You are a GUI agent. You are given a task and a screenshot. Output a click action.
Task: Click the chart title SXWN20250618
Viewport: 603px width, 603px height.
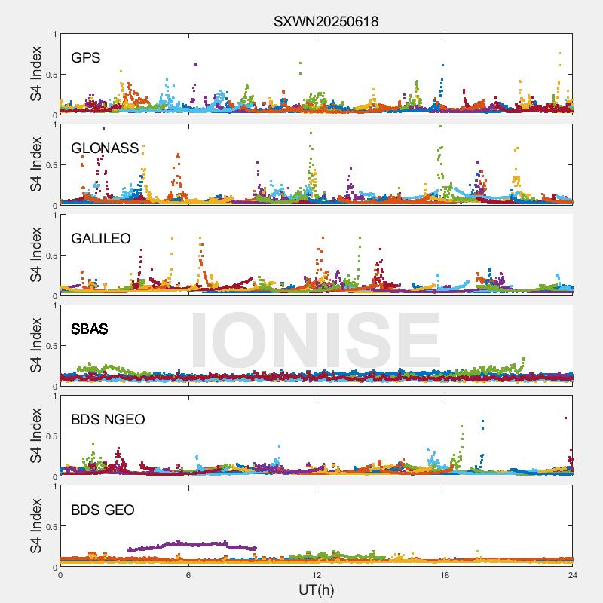pos(326,21)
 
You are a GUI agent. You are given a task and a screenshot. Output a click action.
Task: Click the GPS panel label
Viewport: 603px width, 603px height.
pos(86,57)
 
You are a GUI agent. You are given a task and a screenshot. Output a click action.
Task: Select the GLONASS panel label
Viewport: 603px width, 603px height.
pos(105,148)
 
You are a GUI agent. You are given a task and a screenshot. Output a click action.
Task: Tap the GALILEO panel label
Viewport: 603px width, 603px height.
pos(101,238)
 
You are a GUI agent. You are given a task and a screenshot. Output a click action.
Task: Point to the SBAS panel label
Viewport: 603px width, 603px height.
pos(90,329)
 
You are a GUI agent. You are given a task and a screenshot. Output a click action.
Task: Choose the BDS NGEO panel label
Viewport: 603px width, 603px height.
pos(108,419)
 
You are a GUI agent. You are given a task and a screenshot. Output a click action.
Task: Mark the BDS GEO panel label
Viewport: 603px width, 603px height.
pos(103,510)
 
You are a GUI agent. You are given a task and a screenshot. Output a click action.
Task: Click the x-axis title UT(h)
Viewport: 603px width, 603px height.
pos(317,589)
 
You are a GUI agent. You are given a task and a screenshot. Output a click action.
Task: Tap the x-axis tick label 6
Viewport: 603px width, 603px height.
pos(188,575)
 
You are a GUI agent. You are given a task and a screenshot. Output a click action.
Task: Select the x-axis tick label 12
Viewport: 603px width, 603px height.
pos(317,575)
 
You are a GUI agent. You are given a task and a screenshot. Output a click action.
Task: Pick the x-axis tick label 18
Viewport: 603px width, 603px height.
pos(445,575)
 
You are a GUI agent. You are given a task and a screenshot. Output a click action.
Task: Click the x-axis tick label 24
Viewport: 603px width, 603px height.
pos(573,575)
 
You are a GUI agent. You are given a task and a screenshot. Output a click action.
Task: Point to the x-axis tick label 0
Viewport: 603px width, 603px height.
pos(60,575)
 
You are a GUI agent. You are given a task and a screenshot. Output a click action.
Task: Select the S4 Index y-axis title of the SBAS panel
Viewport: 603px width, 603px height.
pos(35,345)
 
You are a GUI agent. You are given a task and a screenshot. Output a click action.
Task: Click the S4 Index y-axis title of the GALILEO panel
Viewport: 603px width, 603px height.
pos(35,255)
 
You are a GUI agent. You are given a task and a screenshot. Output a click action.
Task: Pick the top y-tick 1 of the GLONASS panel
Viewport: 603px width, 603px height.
pos(54,125)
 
